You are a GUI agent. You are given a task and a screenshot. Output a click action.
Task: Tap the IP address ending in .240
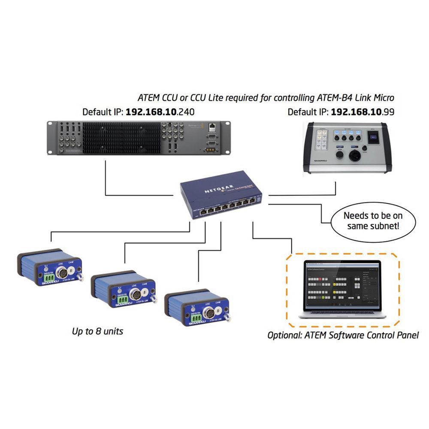[160, 112]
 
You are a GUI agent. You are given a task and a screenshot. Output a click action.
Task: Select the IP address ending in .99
[363, 112]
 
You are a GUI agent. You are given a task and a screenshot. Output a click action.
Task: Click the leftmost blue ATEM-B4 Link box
[49, 267]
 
